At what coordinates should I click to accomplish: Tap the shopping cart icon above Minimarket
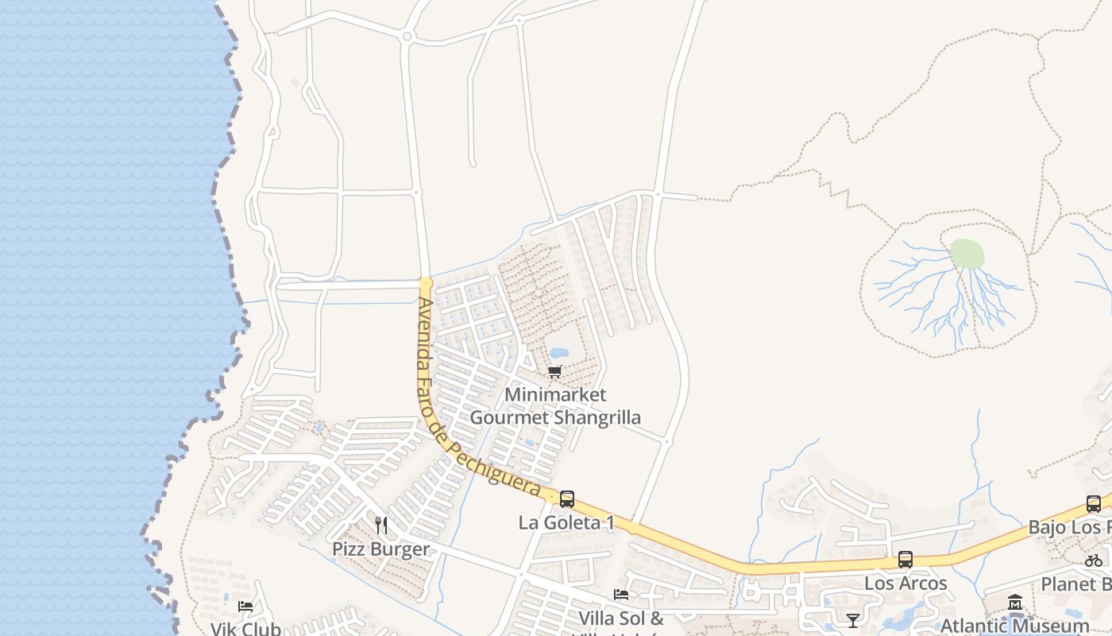coord(555,371)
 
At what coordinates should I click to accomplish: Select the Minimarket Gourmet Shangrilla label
coord(555,405)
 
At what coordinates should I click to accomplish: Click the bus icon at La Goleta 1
coord(566,499)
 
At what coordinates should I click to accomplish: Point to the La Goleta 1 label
coord(566,523)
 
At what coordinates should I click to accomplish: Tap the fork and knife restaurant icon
coord(381,525)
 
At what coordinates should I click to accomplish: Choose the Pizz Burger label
coord(380,549)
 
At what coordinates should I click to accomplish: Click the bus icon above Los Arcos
coord(905,559)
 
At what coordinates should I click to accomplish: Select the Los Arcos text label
coord(905,584)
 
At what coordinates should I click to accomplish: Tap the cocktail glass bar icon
coord(853,620)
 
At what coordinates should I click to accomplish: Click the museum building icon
coord(1015,603)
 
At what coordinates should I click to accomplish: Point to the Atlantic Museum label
coord(1014,626)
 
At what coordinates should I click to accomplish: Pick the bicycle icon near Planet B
coord(1094,560)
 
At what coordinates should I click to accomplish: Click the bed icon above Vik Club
coord(245,606)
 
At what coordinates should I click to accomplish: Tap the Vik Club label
coord(245,629)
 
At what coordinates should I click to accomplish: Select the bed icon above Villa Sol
coord(621,595)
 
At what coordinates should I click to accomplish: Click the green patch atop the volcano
coord(967,254)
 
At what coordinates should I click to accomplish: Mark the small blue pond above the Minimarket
coord(558,352)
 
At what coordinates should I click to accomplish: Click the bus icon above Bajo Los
coord(1094,503)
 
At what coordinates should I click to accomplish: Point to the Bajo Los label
coord(1069,527)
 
